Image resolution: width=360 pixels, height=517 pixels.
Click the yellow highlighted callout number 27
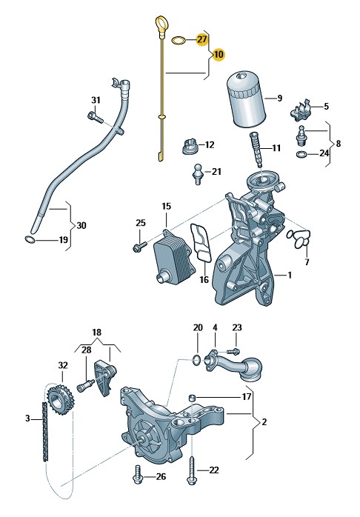click(x=201, y=40)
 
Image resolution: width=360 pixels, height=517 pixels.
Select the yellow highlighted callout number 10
click(x=219, y=54)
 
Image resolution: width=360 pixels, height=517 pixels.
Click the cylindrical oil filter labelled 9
click(x=246, y=99)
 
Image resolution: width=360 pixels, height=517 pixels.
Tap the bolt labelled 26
click(x=138, y=476)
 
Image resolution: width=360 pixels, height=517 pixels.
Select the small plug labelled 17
click(x=192, y=397)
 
